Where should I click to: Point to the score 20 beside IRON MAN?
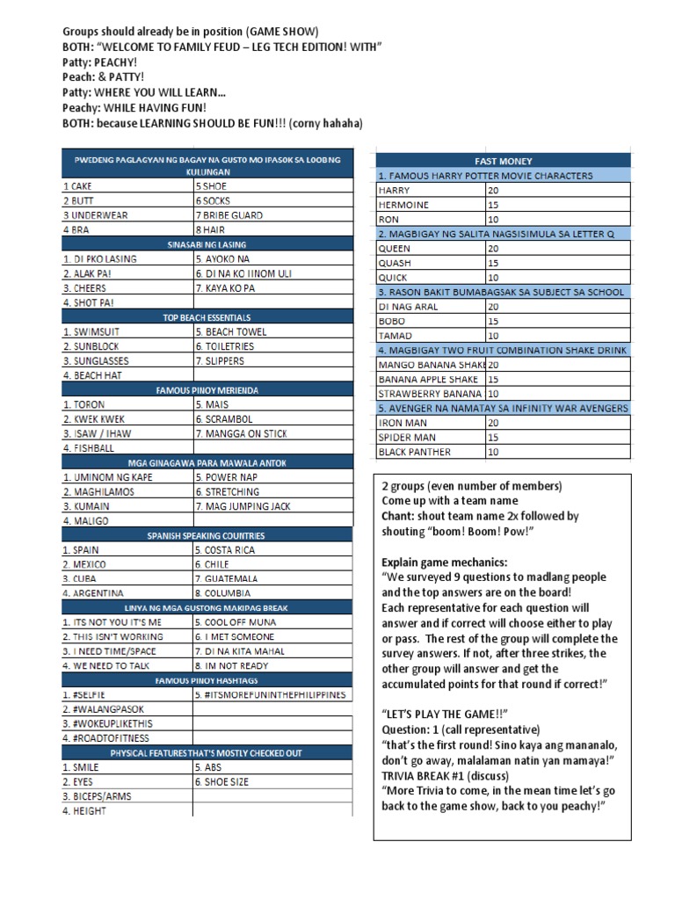coord(493,423)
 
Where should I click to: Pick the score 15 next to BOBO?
coord(493,321)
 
